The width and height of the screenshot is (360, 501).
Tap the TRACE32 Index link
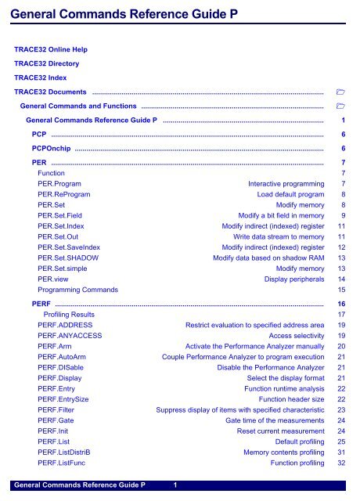pos(41,77)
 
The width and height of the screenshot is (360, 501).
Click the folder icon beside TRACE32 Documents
pos(340,92)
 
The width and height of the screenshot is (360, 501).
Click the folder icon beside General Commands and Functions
pos(340,106)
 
